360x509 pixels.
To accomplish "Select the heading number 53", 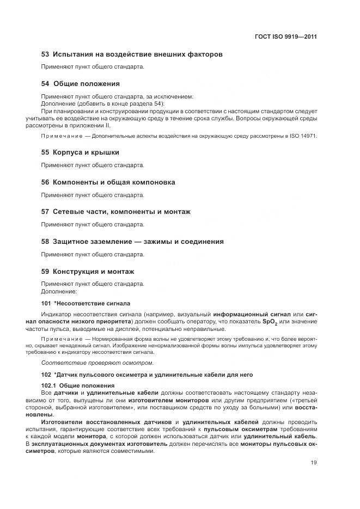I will [46, 54].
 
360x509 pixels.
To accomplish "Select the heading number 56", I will [46, 182].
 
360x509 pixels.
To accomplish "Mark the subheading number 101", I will [46, 303].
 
